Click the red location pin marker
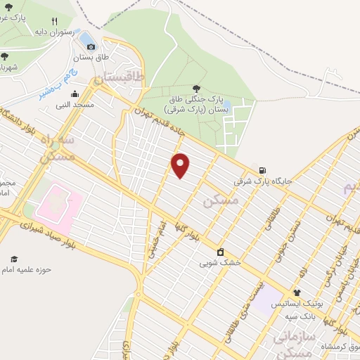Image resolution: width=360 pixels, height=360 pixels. [x=181, y=165]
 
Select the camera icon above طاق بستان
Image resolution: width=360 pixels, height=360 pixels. [x=91, y=46]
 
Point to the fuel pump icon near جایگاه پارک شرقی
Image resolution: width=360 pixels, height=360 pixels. [x=262, y=170]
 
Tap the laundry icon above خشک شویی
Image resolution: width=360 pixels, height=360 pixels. [x=221, y=252]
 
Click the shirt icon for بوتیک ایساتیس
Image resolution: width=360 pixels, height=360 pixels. [x=297, y=292]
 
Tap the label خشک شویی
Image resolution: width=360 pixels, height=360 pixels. [x=220, y=263]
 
